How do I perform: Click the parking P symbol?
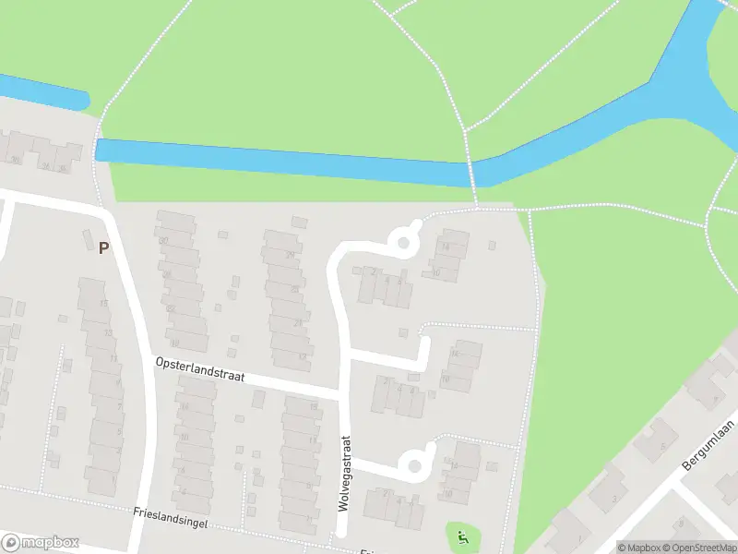(x=103, y=247)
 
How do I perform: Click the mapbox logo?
(x=41, y=543)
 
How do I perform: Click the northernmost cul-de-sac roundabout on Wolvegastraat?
(x=403, y=244)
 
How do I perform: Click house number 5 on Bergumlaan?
(x=661, y=447)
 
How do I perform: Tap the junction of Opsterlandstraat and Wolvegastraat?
(x=344, y=393)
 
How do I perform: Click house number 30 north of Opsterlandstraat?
(x=164, y=241)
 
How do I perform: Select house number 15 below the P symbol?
(x=104, y=304)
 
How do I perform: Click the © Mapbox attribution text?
(x=643, y=548)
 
